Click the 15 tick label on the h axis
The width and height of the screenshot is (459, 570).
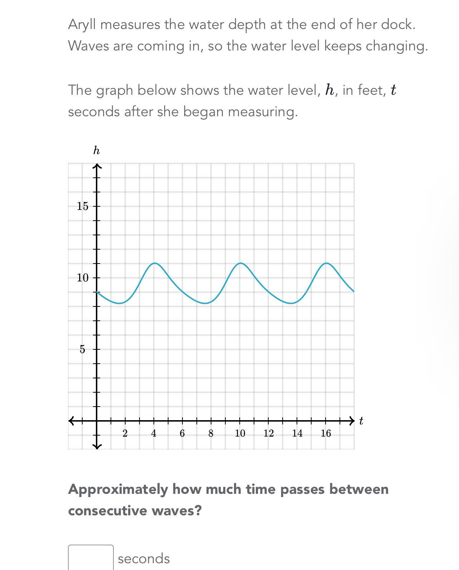click(82, 206)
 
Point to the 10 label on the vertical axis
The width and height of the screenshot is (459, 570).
click(82, 277)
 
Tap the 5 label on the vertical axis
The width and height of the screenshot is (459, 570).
click(82, 349)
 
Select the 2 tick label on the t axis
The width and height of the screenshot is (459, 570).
click(125, 433)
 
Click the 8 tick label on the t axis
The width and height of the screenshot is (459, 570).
click(211, 433)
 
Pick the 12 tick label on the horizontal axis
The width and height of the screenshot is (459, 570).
click(268, 433)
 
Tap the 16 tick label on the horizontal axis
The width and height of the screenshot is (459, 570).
click(326, 433)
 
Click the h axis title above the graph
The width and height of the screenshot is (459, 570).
click(96, 151)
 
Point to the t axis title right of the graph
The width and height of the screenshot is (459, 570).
click(361, 421)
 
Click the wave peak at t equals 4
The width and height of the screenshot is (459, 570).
click(154, 263)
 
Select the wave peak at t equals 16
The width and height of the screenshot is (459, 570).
click(326, 263)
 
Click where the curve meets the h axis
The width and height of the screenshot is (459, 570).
click(97, 292)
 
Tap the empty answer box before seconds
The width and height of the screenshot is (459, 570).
click(91, 557)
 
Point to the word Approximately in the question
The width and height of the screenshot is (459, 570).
click(118, 489)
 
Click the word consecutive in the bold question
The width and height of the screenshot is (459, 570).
click(108, 510)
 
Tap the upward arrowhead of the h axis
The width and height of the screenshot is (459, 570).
click(97, 166)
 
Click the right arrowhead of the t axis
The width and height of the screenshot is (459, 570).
click(352, 421)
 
